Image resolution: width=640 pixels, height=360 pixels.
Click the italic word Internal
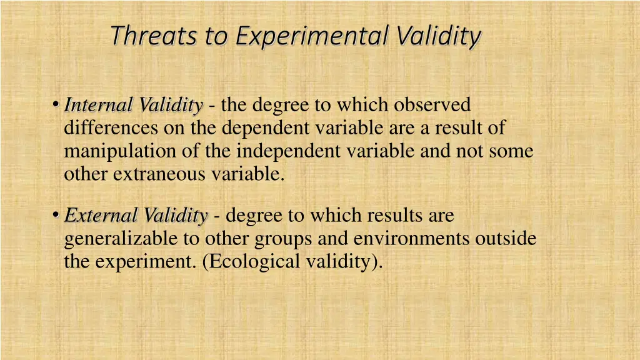point(100,105)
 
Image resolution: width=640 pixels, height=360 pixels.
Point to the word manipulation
point(117,151)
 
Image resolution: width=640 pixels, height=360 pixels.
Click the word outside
point(506,239)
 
